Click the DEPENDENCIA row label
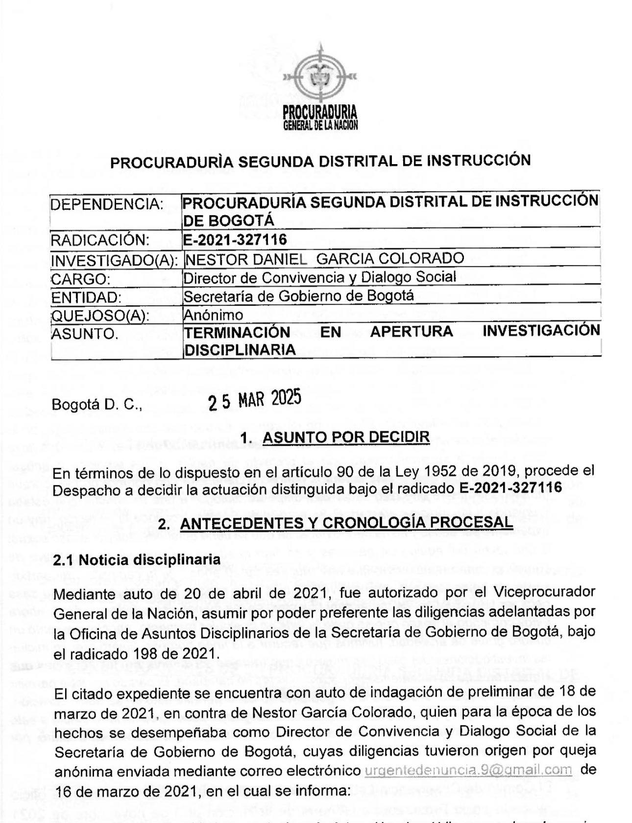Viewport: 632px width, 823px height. (x=107, y=204)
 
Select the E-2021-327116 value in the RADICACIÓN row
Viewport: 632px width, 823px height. (x=235, y=239)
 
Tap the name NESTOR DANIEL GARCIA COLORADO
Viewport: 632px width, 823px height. (x=323, y=258)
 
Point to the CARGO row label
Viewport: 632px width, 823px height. (x=81, y=279)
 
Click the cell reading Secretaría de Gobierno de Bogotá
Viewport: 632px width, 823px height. (x=298, y=296)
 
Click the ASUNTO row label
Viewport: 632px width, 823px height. (x=85, y=334)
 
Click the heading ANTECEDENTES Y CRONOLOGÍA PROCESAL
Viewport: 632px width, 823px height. (x=346, y=523)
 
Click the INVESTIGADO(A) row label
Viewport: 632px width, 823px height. (x=114, y=260)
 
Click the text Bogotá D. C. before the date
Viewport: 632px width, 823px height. (x=97, y=405)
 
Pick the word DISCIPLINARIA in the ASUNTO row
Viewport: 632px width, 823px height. (x=240, y=349)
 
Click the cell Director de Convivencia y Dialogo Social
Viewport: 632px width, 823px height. (x=319, y=277)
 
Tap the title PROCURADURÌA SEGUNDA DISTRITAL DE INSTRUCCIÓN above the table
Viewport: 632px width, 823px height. (x=320, y=161)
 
